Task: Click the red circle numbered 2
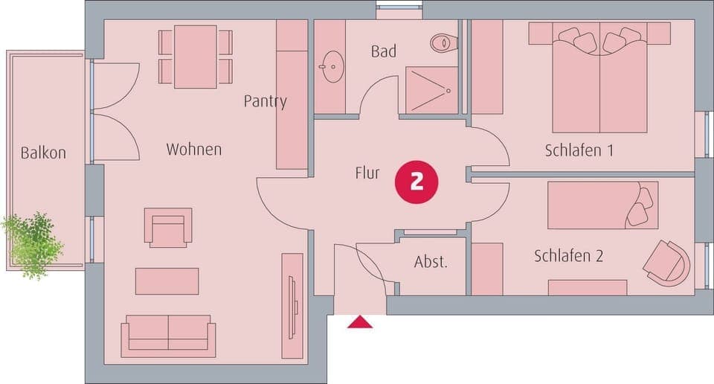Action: [x=416, y=181]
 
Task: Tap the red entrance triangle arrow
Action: [x=360, y=321]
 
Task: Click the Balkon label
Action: [x=43, y=153]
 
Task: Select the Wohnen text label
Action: [x=193, y=150]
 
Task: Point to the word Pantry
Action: [x=265, y=101]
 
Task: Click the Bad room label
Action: [x=383, y=51]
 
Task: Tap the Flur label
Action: [x=367, y=174]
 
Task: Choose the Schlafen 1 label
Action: [x=579, y=150]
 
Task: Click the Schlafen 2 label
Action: [x=568, y=256]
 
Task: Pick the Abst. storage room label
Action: [x=431, y=262]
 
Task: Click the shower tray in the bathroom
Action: [x=431, y=91]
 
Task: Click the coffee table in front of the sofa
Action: [x=167, y=281]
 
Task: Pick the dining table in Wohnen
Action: [x=195, y=56]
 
